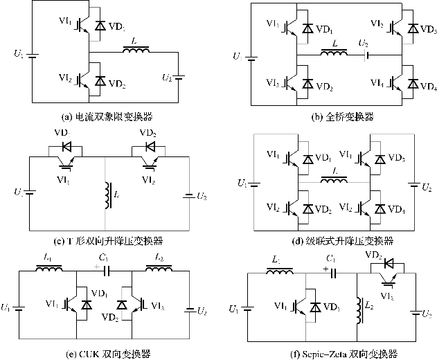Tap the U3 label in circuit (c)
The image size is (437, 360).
(201, 197)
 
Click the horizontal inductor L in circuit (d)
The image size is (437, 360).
(335, 182)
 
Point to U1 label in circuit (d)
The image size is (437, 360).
(242, 183)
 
